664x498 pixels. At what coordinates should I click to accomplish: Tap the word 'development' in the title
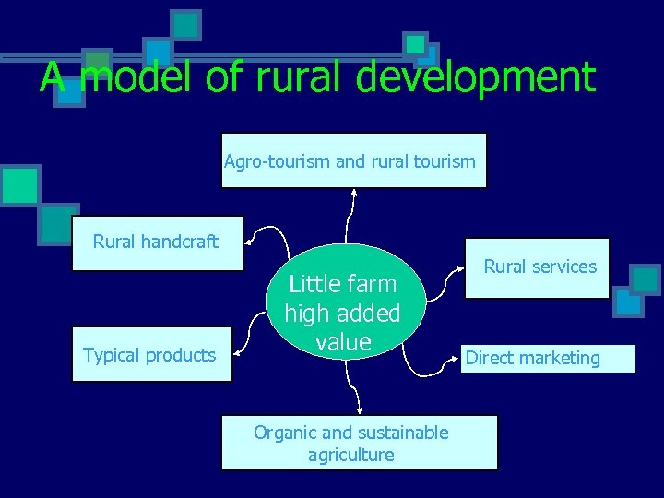[476, 77]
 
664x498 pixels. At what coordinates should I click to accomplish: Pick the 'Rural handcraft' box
[157, 243]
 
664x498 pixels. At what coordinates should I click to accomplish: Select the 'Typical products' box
[150, 355]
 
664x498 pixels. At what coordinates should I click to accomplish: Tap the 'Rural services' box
[537, 268]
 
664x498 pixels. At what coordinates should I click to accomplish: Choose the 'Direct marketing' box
[549, 359]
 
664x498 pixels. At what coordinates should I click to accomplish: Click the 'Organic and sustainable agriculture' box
[359, 443]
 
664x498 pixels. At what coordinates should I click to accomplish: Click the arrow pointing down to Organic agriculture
[355, 392]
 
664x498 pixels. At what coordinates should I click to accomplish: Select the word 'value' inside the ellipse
[343, 343]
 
